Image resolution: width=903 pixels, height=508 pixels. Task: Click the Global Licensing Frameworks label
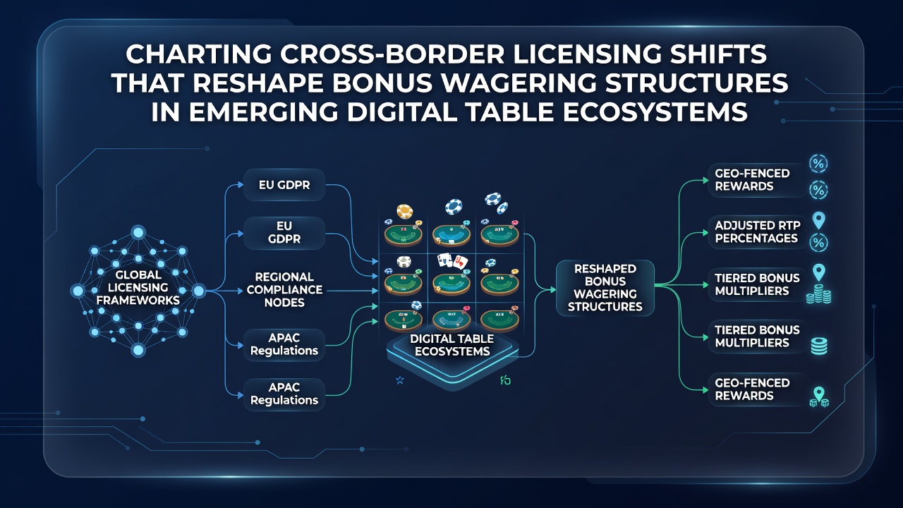tap(138, 287)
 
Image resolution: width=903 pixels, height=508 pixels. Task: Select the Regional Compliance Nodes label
tap(284, 289)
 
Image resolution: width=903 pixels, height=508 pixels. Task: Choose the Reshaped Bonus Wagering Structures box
tap(605, 287)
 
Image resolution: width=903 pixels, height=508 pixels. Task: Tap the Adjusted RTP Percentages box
tap(757, 232)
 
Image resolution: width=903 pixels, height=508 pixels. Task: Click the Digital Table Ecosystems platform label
tap(452, 345)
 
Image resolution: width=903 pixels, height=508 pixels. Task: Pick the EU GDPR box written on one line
tap(284, 185)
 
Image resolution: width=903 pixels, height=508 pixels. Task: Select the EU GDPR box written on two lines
tap(284, 232)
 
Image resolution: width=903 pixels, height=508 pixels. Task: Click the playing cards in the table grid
tap(452, 261)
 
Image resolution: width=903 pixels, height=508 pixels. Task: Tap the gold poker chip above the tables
tap(405, 211)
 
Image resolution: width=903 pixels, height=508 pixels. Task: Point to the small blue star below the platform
tap(400, 380)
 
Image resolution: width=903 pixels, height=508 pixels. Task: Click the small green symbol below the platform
tap(506, 380)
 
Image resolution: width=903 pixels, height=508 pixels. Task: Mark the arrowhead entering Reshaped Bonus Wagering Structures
tap(552, 289)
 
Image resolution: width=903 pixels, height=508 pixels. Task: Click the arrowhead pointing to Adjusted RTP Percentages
tap(705, 233)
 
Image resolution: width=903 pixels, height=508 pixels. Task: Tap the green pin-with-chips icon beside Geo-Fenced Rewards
tap(819, 397)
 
